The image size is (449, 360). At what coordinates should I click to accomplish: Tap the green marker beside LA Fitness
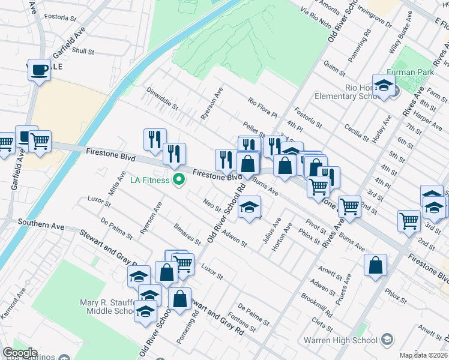(178, 179)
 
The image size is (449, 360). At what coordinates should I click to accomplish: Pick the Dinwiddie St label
(163, 98)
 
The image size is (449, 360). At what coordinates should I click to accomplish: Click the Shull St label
(83, 52)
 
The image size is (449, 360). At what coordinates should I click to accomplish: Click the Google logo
(20, 353)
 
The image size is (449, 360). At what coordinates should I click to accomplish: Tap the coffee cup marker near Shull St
(39, 70)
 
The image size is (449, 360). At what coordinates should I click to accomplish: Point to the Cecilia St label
(357, 131)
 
